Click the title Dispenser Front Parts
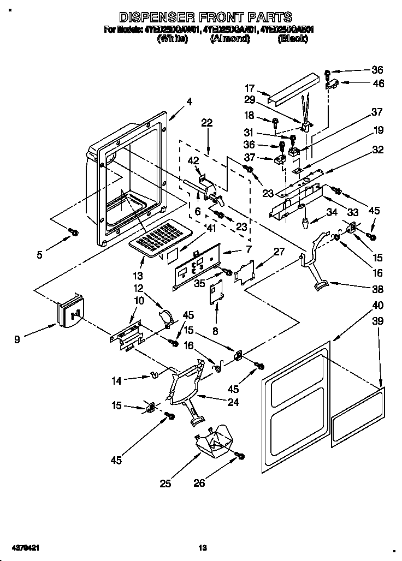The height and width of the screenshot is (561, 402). tap(205, 17)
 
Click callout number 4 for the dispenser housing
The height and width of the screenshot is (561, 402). tap(189, 101)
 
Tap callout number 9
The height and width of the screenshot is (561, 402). tap(18, 339)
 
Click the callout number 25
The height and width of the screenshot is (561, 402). tap(165, 483)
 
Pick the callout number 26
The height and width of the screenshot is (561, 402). tap(200, 483)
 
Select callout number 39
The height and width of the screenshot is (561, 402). tap(377, 323)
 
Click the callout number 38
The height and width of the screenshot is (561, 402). tap(377, 289)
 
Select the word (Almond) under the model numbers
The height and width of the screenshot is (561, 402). tap(230, 39)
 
